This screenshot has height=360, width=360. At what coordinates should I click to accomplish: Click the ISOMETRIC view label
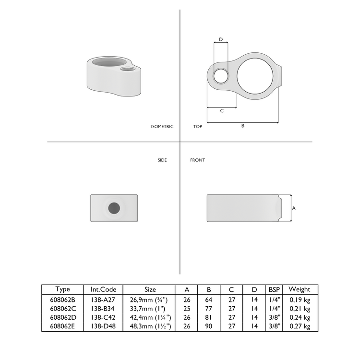162,127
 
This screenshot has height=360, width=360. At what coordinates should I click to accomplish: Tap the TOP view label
197,127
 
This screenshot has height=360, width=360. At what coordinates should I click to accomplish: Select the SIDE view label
162,160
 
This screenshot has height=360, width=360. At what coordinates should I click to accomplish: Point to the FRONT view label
197,160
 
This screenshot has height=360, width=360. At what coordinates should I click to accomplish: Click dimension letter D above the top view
221,39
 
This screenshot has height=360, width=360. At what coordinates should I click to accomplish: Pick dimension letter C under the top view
222,111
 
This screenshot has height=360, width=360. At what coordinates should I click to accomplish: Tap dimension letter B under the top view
243,126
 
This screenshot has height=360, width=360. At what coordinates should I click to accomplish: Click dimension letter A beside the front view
294,208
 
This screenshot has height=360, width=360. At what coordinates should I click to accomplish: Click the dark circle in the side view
114,208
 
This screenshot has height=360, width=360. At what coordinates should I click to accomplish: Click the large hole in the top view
257,74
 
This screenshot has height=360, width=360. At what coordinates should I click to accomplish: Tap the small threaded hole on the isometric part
128,70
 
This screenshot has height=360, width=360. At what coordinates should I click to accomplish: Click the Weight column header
300,289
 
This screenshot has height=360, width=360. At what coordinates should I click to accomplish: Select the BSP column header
274,289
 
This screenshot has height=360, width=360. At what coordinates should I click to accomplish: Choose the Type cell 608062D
62,317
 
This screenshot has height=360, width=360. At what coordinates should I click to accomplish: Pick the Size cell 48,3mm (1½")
150,326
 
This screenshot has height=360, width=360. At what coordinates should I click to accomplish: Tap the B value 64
209,299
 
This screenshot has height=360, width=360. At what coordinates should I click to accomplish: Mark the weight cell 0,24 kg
300,317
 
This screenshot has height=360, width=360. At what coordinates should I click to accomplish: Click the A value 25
186,308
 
